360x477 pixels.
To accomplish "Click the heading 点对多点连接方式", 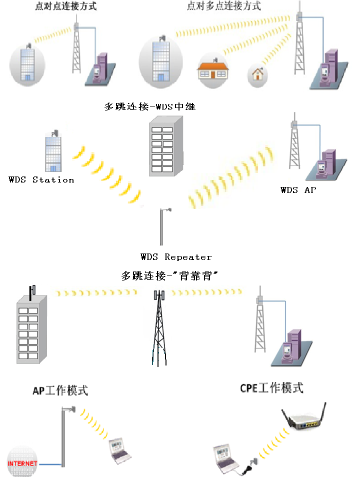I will click(x=223, y=6).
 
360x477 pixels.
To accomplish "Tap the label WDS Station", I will click(x=41, y=179).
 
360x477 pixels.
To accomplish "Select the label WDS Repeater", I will click(x=176, y=257).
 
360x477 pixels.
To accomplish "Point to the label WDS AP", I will click(x=298, y=190).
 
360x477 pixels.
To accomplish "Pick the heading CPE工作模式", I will click(x=271, y=388).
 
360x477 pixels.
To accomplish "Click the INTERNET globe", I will click(x=22, y=463).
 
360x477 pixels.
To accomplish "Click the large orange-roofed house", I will click(x=213, y=68).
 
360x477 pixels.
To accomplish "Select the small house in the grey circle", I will click(x=258, y=74).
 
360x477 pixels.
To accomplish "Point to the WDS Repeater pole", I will click(x=161, y=227).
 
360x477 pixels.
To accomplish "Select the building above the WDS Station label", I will click(x=53, y=152).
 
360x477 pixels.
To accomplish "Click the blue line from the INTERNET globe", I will click(x=49, y=465).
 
